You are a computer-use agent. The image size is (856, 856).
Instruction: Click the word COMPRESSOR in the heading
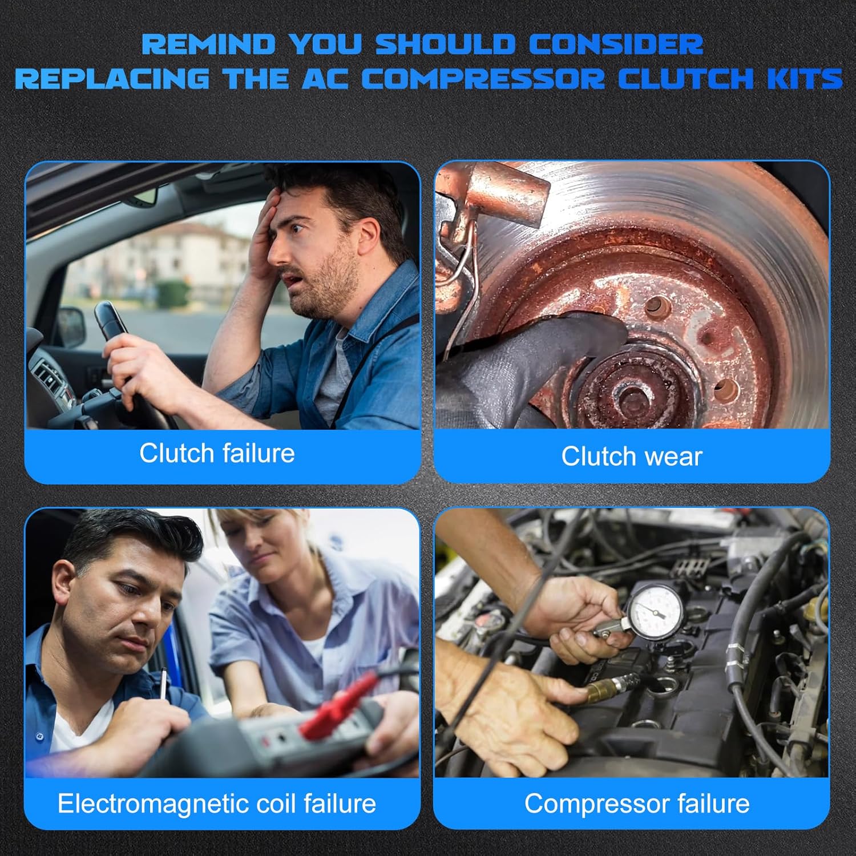point(483,78)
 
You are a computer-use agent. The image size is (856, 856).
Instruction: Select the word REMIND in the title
point(208,45)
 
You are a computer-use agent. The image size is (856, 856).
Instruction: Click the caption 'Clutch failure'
point(217,454)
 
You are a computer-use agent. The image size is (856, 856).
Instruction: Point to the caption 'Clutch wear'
point(631,457)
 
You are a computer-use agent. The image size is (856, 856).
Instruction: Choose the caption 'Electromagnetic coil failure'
point(217,803)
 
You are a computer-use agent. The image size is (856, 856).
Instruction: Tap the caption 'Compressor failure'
point(636,803)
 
